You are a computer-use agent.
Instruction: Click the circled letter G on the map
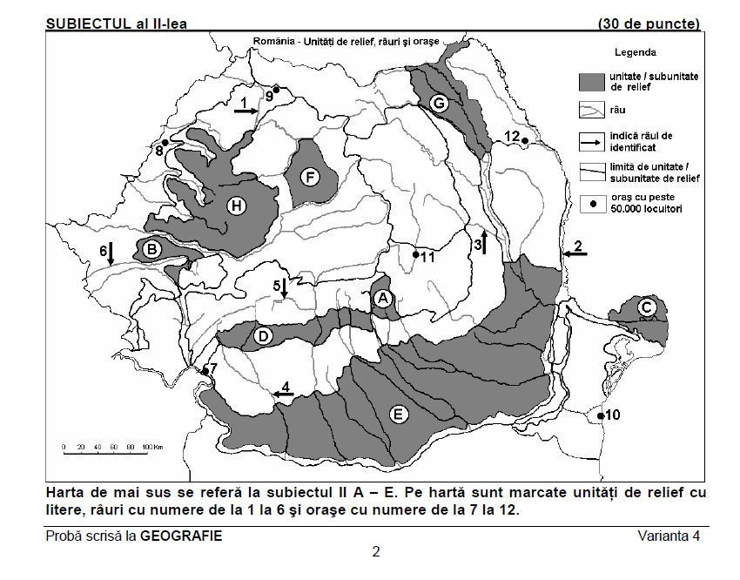click(x=439, y=104)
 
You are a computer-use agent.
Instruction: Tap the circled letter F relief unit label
click(x=307, y=178)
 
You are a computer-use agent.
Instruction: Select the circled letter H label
click(x=234, y=206)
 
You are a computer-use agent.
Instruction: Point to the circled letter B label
click(x=152, y=250)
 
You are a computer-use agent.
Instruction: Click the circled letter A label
click(x=381, y=298)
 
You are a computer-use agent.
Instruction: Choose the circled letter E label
click(x=397, y=415)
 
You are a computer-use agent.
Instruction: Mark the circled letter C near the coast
click(x=646, y=307)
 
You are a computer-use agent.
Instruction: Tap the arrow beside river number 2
click(x=575, y=253)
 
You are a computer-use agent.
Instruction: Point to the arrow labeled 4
click(x=280, y=395)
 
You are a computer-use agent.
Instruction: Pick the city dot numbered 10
click(x=601, y=417)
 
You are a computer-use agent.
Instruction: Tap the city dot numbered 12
click(x=524, y=140)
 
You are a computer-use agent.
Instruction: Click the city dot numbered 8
click(x=165, y=143)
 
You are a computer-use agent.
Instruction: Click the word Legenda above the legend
click(x=636, y=52)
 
